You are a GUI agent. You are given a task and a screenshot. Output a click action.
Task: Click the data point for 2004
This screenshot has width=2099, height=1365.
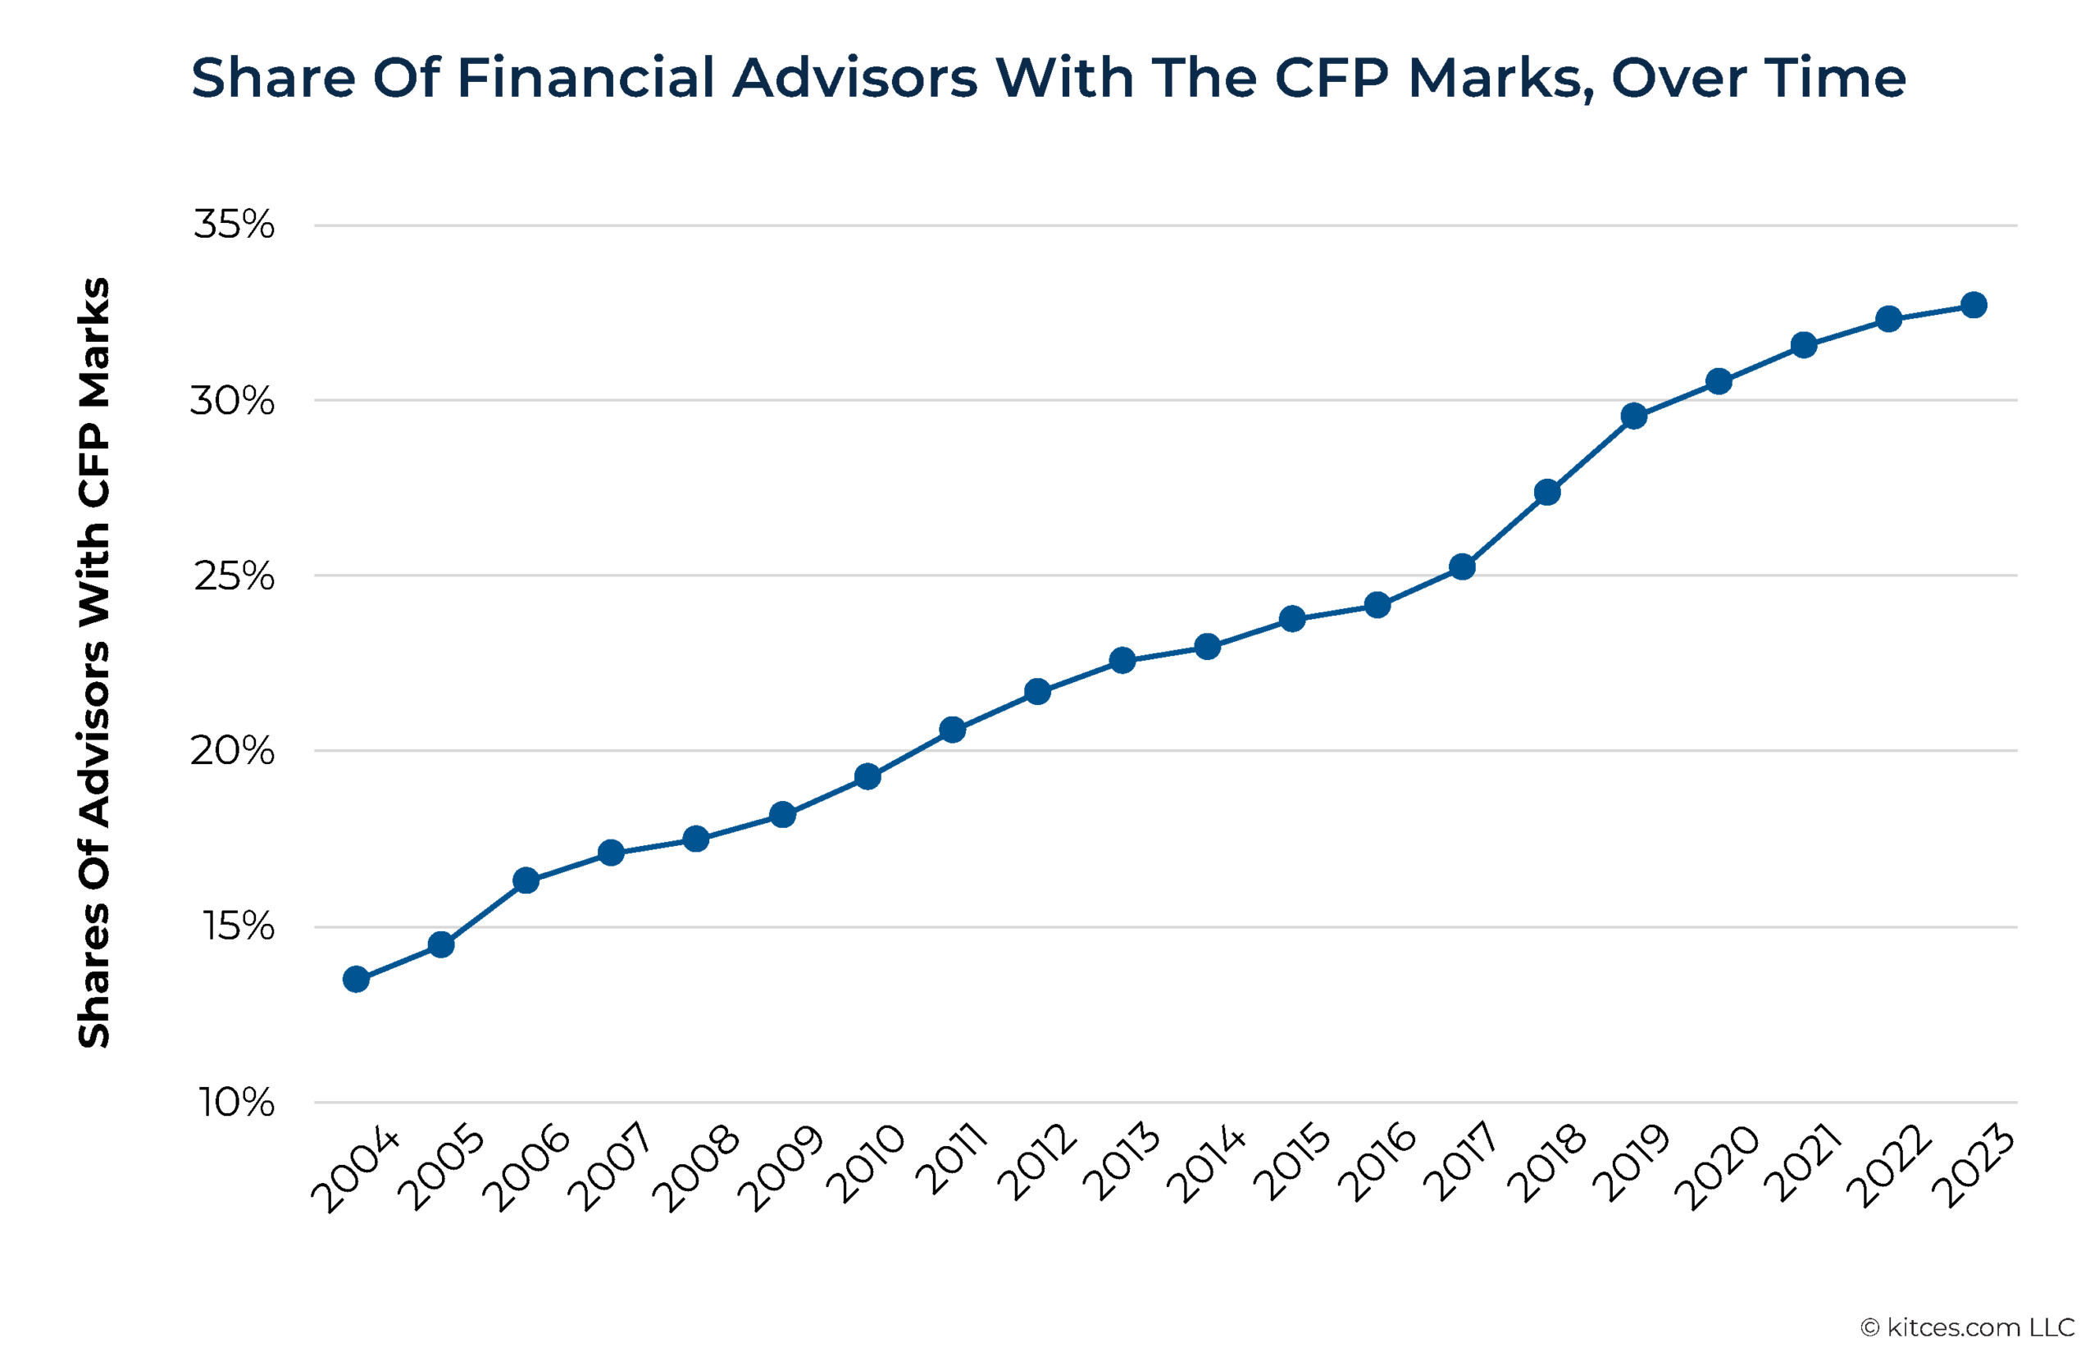point(357,979)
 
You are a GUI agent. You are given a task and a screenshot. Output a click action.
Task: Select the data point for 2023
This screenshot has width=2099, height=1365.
point(1974,305)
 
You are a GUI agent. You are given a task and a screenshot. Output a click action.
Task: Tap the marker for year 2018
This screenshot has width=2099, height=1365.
point(1548,492)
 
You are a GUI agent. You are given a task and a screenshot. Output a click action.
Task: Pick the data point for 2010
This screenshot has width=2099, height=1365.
point(867,777)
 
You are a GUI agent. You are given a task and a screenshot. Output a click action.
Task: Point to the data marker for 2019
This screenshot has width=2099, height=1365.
point(1634,416)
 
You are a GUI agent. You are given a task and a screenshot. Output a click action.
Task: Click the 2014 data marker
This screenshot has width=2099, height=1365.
point(1208,647)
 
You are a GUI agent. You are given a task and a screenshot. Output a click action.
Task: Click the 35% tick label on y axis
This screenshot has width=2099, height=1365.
point(234,225)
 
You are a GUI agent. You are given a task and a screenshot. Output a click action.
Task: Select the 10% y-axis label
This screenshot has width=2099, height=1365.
point(235,1102)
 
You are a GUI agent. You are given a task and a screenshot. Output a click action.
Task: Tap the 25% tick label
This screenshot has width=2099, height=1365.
point(234,576)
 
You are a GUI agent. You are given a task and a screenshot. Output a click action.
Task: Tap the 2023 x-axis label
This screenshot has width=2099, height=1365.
point(1974,1167)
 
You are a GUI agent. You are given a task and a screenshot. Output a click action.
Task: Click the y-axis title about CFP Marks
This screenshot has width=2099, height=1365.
point(94,663)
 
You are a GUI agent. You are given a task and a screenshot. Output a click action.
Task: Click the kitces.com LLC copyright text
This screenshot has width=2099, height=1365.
point(1968,1328)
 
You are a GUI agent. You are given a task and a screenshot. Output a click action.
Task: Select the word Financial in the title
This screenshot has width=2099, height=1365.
point(585,78)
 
